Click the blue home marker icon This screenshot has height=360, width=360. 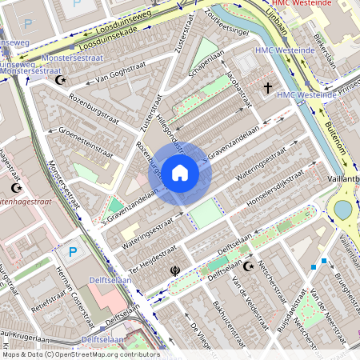coord(180,172)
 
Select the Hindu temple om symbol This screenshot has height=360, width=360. coord(174,270)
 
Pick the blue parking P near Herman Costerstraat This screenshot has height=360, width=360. coord(73,253)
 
